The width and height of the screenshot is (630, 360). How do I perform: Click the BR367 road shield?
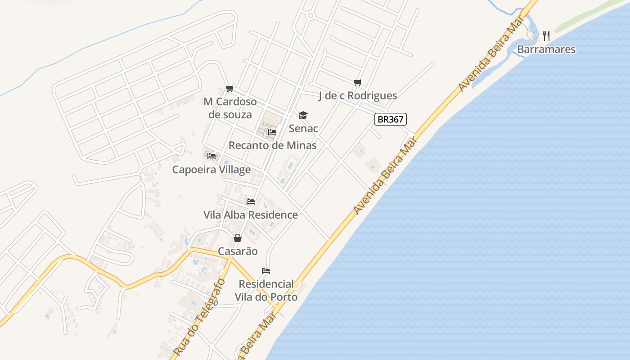(391, 119)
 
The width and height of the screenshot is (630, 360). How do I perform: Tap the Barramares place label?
(546, 49)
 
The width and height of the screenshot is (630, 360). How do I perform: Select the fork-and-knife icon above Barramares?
(546, 36)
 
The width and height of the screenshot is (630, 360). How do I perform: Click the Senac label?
(303, 128)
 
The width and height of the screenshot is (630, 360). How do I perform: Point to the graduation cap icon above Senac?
(303, 115)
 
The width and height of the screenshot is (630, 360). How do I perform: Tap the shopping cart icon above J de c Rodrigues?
(358, 82)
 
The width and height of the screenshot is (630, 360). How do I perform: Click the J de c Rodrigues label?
(358, 95)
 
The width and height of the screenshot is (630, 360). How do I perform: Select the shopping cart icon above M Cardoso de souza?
(230, 88)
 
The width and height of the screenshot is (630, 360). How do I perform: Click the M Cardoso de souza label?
(230, 108)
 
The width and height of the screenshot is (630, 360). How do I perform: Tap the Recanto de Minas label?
(273, 145)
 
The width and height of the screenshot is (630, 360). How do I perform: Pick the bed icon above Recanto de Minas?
(272, 132)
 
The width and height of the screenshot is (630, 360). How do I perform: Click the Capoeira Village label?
(211, 170)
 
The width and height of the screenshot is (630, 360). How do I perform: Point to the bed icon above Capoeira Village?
(211, 156)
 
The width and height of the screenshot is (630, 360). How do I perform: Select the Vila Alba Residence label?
(251, 215)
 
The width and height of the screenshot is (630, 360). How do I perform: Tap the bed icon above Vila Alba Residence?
(251, 201)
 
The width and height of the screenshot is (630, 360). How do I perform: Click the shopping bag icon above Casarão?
(238, 238)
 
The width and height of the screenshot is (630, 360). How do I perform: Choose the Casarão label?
(238, 251)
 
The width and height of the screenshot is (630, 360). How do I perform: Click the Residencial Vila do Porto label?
(266, 291)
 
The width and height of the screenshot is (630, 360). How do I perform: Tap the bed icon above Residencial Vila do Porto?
(266, 271)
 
